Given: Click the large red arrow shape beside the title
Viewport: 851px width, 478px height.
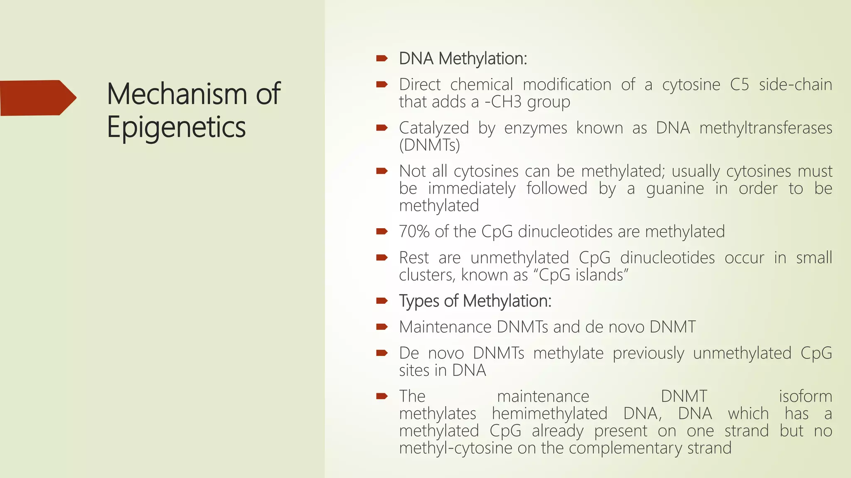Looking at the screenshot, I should [37, 98].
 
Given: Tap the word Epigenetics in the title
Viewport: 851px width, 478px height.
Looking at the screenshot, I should [176, 127].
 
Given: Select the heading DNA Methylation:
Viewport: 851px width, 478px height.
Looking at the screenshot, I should [463, 59].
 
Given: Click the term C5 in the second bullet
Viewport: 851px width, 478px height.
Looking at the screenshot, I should [739, 85].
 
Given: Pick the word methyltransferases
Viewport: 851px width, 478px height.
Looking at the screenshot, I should [765, 128].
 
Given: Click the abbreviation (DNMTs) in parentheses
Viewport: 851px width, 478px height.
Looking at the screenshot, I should [429, 145].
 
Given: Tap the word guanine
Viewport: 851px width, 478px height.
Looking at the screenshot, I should [675, 189].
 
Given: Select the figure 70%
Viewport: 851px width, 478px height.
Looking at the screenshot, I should [414, 232].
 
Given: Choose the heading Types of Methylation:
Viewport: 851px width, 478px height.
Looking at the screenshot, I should [475, 301].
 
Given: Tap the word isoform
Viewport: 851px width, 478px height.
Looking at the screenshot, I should [805, 396].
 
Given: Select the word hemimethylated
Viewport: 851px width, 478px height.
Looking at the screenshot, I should [549, 414].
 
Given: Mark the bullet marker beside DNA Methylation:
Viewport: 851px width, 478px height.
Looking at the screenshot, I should [381, 59].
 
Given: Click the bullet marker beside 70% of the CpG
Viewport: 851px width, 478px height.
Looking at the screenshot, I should [381, 232].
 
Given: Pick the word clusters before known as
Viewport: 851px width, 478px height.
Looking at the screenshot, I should [427, 275].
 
